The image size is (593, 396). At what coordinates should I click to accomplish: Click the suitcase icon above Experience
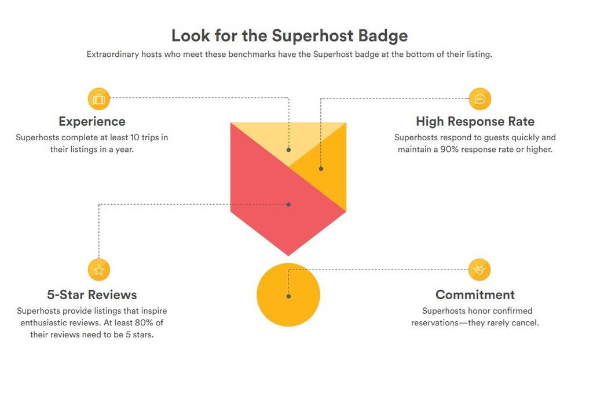click(x=98, y=99)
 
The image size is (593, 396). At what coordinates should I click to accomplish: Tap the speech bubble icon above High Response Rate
click(x=480, y=99)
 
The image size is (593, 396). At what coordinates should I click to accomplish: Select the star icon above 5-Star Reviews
click(x=98, y=270)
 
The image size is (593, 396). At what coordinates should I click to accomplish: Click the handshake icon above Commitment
click(x=479, y=270)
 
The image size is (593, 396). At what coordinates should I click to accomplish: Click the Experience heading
click(x=92, y=122)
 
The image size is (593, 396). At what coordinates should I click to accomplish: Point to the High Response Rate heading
click(x=475, y=121)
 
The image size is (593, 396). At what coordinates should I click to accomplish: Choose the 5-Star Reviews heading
click(x=92, y=295)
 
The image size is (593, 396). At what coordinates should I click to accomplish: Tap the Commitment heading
click(x=475, y=295)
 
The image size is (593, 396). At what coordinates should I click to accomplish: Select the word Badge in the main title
click(x=383, y=36)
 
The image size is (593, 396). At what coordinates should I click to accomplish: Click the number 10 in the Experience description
click(x=134, y=137)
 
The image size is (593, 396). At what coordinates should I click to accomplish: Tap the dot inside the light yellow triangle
click(x=288, y=150)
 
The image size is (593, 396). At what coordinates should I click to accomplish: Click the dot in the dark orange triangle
click(x=321, y=169)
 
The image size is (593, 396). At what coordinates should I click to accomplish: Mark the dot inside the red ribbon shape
click(x=288, y=205)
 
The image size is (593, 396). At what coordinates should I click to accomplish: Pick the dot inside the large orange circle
click(x=288, y=296)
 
